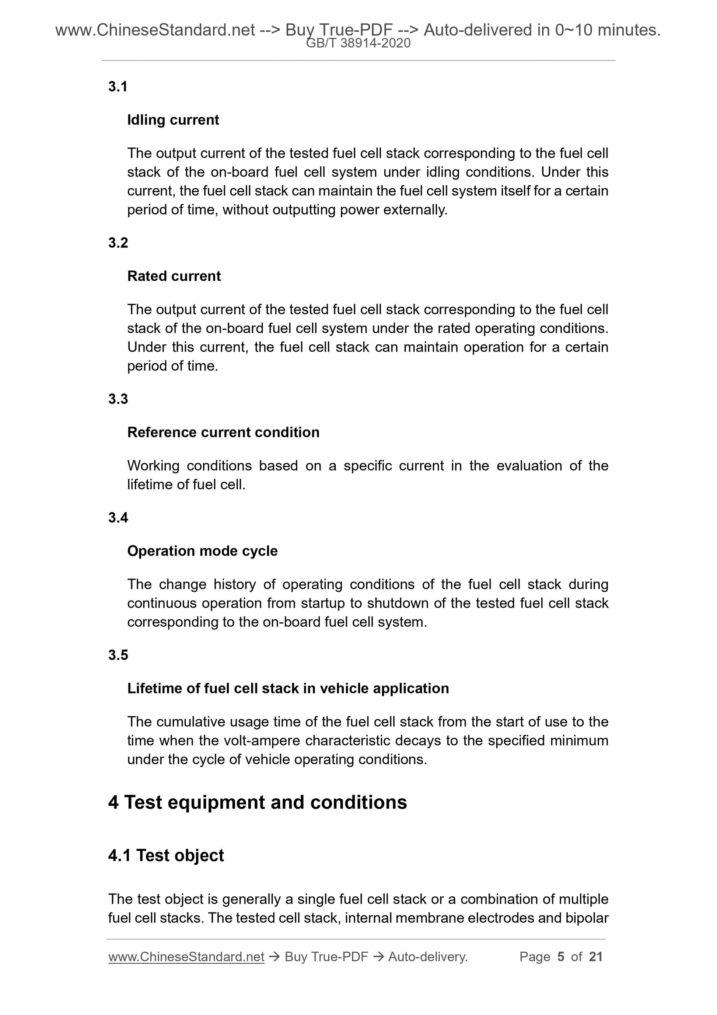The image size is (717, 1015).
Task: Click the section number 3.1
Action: (118, 87)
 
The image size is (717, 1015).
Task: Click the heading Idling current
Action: (173, 120)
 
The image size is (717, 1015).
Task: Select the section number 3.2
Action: (118, 243)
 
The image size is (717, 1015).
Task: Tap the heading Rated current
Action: (174, 276)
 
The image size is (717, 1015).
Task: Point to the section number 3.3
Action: (118, 399)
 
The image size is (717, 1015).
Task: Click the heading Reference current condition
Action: (223, 432)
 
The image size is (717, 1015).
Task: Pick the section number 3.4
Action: (118, 517)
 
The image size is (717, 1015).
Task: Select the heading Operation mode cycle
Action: (202, 551)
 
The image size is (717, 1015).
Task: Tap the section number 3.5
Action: (118, 655)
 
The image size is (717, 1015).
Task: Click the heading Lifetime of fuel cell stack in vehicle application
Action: (288, 688)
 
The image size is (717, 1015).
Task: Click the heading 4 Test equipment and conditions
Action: (257, 802)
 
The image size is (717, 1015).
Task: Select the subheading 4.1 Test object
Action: (166, 855)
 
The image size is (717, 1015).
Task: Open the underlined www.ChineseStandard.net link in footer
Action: (186, 957)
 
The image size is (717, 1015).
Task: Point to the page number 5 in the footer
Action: (561, 957)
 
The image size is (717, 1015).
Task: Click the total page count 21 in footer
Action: (595, 957)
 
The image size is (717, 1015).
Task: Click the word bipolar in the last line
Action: (587, 918)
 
